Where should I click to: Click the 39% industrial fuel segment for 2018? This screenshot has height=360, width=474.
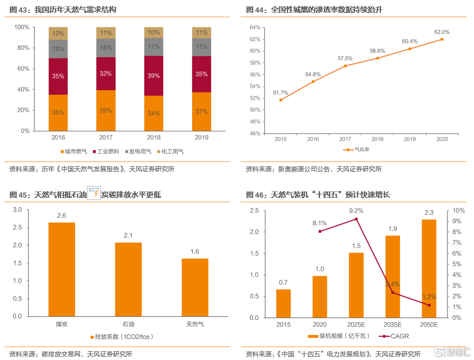(154, 75)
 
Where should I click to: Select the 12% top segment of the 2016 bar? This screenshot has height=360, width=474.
(58, 33)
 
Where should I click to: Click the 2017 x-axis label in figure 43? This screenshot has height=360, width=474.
(106, 137)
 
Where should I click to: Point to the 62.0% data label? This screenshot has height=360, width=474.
(442, 32)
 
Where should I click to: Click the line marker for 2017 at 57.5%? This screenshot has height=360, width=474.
(345, 66)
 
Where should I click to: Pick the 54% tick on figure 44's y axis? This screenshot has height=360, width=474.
(255, 87)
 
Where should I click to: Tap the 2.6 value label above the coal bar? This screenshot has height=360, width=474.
(62, 216)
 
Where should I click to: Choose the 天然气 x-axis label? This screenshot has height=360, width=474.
(195, 324)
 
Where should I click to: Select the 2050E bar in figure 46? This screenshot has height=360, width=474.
(429, 268)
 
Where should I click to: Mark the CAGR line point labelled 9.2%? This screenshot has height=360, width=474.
(356, 219)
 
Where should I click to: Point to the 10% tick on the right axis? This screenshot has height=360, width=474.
(458, 211)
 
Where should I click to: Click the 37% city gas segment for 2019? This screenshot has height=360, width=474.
(202, 112)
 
